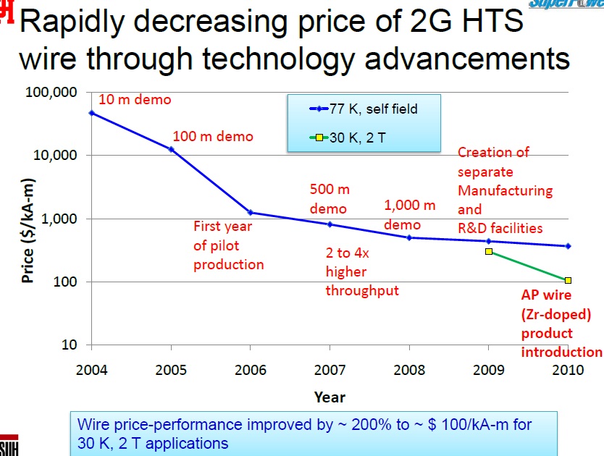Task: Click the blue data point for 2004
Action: pos(91,113)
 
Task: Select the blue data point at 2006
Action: pos(251,212)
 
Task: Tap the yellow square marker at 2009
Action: pos(489,251)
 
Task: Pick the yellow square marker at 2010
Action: pos(569,280)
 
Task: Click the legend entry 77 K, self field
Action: pos(364,109)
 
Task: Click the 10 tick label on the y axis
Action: pos(69,345)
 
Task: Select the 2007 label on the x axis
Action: pos(330,370)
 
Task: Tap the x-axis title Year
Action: pos(330,397)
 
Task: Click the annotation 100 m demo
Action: pos(213,136)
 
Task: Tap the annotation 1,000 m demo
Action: pos(410,215)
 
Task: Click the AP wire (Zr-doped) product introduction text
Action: pos(561,324)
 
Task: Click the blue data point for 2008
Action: pos(409,237)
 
